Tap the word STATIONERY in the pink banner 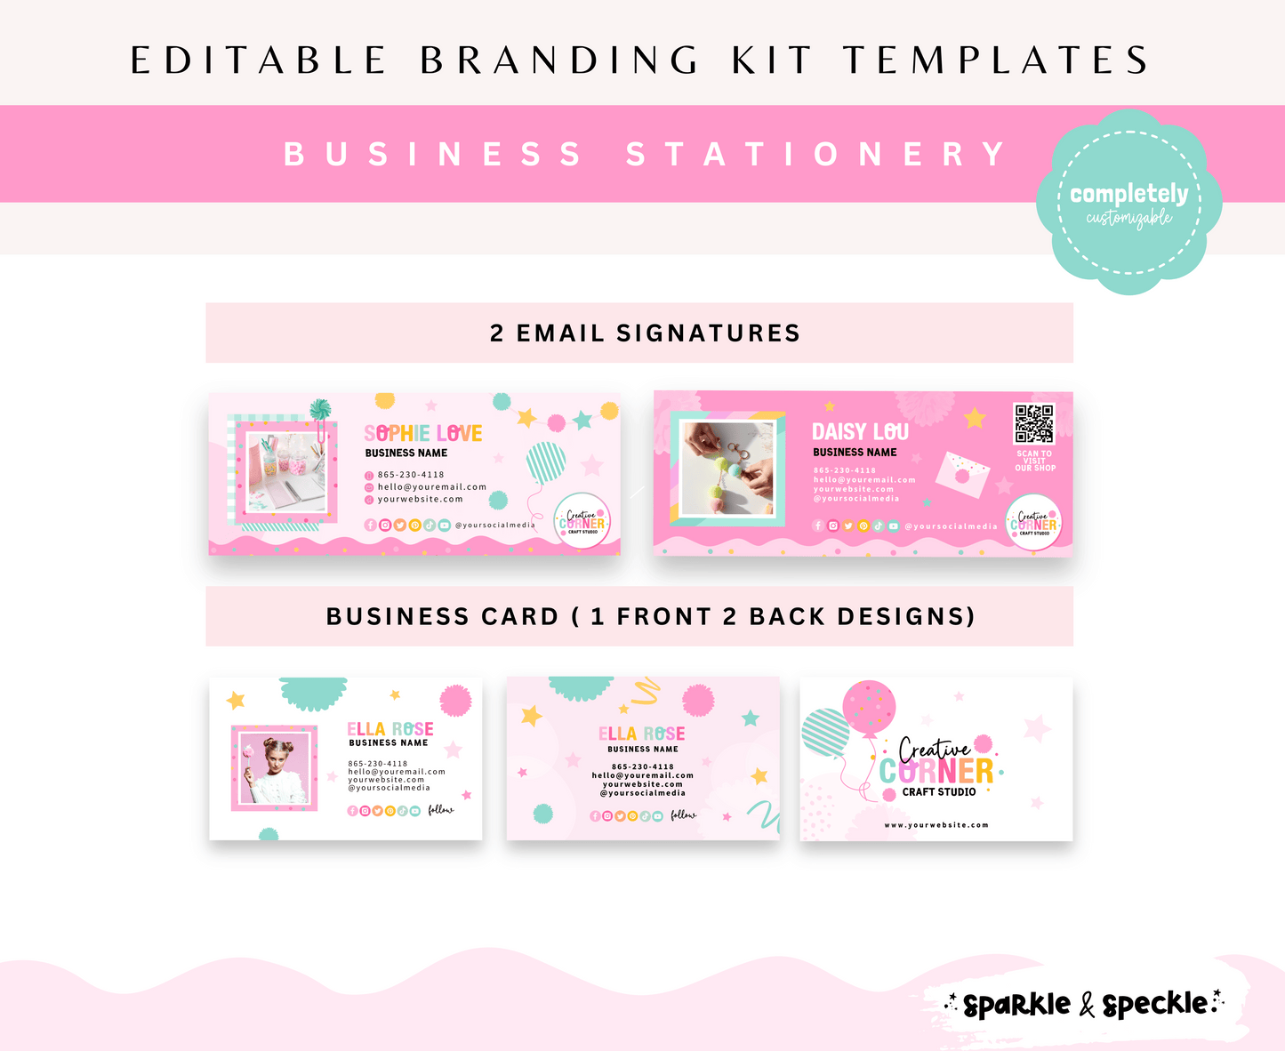(x=815, y=154)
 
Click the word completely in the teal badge (x=1128, y=193)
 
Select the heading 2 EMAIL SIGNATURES (x=645, y=333)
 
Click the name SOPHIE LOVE (x=423, y=433)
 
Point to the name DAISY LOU (x=860, y=431)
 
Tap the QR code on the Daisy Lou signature (x=1034, y=424)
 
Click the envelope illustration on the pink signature (x=962, y=472)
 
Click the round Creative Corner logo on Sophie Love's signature (x=582, y=521)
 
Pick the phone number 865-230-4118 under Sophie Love (x=411, y=475)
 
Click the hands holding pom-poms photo (x=727, y=469)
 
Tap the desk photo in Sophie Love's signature (x=286, y=472)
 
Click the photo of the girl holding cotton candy (x=274, y=768)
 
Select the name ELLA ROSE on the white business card (x=390, y=729)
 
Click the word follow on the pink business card (x=684, y=814)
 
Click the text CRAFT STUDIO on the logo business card (x=939, y=791)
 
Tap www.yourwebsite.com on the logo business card (x=936, y=825)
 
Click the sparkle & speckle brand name (x=1085, y=1005)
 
